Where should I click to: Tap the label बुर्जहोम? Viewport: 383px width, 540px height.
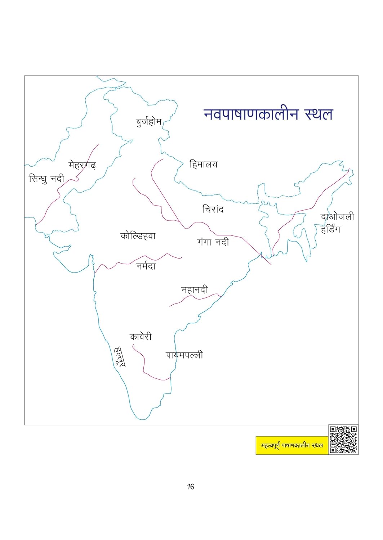click(x=148, y=122)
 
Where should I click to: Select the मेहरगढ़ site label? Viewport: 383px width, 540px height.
click(x=82, y=165)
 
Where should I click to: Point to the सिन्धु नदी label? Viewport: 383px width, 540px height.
click(x=46, y=179)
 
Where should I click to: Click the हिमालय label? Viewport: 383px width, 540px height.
click(x=203, y=165)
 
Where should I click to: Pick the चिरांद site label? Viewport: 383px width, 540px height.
click(x=213, y=209)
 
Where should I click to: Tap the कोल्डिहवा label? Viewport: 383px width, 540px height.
click(x=138, y=236)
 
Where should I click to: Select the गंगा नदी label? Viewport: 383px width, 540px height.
click(x=213, y=242)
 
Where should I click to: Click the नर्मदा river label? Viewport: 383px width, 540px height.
click(x=146, y=266)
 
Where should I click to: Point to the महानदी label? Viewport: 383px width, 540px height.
click(x=195, y=290)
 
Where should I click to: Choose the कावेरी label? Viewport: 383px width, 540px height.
click(x=141, y=337)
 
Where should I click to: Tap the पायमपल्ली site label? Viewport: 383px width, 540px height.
click(x=184, y=355)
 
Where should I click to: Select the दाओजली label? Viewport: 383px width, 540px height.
click(x=337, y=217)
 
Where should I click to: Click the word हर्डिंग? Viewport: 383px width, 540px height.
click(x=330, y=229)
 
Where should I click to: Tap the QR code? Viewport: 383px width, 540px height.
click(x=343, y=440)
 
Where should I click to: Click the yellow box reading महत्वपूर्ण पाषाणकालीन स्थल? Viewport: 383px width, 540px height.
click(x=292, y=445)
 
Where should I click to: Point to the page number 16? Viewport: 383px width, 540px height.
click(x=191, y=487)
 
